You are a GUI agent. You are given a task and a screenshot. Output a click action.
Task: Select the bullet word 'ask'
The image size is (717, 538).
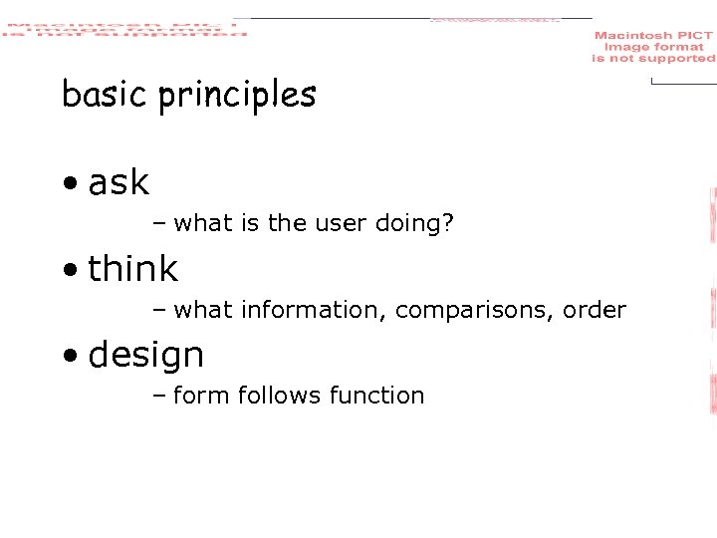click(x=119, y=182)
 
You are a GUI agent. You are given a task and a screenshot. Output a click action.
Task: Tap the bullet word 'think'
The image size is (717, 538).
click(x=132, y=269)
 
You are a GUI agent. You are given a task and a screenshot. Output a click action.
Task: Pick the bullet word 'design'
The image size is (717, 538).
click(x=146, y=356)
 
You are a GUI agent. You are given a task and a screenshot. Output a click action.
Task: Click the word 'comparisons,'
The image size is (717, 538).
click(x=462, y=311)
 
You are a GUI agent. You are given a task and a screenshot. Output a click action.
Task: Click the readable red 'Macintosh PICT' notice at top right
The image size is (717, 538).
click(x=653, y=47)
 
